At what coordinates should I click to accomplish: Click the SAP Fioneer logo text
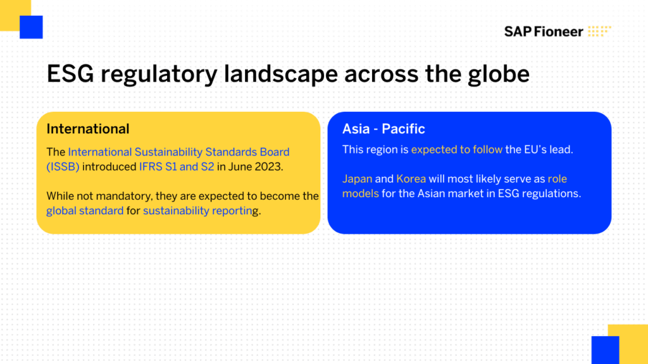tap(544, 32)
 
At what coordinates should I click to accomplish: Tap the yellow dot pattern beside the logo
tap(599, 31)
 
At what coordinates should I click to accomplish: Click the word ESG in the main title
tap(70, 75)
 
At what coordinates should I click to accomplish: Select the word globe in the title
tap(499, 75)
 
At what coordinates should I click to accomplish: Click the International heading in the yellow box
tap(87, 129)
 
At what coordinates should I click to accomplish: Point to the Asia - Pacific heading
tap(383, 129)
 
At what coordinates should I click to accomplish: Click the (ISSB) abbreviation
tap(63, 167)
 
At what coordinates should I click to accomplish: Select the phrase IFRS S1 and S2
tap(177, 167)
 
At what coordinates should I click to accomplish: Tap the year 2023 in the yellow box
tap(268, 167)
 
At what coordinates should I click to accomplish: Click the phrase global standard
tap(85, 210)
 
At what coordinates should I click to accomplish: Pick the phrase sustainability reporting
tap(201, 211)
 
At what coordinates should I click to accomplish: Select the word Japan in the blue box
tap(357, 179)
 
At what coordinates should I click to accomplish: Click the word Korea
tap(411, 179)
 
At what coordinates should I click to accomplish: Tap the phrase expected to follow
tap(457, 149)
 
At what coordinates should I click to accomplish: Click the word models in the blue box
tap(360, 193)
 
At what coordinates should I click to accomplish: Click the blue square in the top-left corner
tap(31, 27)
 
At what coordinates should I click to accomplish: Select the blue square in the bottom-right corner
tap(605, 350)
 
